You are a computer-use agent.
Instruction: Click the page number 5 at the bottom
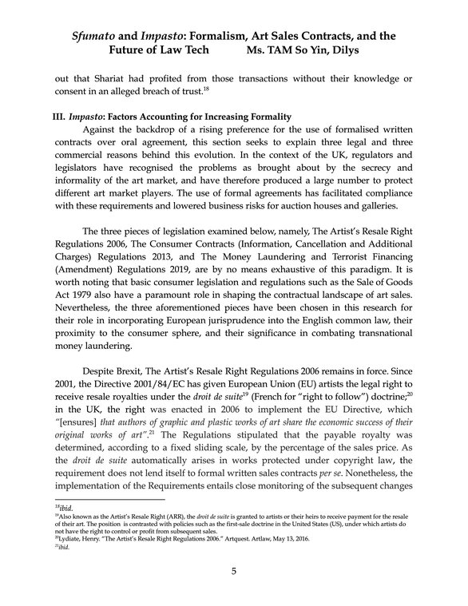(234, 570)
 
